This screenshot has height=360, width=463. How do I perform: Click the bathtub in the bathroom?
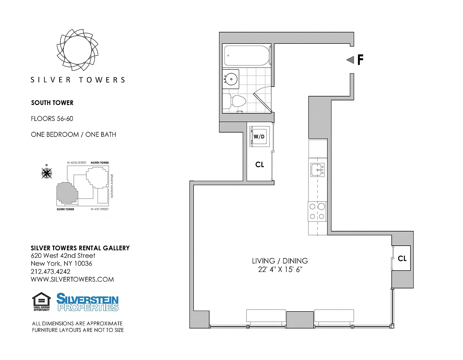pyautogui.click(x=247, y=56)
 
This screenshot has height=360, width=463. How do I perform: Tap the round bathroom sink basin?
pyautogui.click(x=231, y=79)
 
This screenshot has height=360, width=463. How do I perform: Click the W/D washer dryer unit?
pyautogui.click(x=259, y=137)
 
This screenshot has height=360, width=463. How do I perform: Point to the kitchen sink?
pyautogui.click(x=318, y=170)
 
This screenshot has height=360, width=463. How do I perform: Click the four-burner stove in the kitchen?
pyautogui.click(x=317, y=211)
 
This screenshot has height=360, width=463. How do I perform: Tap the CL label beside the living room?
pyautogui.click(x=402, y=258)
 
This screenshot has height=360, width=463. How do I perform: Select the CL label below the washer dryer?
pyautogui.click(x=259, y=165)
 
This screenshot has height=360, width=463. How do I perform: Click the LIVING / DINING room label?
pyautogui.click(x=280, y=261)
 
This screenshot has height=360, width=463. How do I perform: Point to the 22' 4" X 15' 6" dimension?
pyautogui.click(x=280, y=269)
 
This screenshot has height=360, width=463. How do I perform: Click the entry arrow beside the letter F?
pyautogui.click(x=350, y=60)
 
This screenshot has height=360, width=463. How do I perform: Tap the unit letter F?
pyautogui.click(x=360, y=60)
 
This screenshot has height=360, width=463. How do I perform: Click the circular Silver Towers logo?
pyautogui.click(x=78, y=50)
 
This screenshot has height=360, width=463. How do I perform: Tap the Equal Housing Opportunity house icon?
pyautogui.click(x=42, y=302)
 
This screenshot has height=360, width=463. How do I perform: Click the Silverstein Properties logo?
pyautogui.click(x=87, y=302)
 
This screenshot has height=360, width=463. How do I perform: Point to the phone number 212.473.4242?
pyautogui.click(x=51, y=272)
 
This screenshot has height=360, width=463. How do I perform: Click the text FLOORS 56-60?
pyautogui.click(x=52, y=118)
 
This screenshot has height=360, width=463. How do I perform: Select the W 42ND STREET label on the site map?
pyautogui.click(x=77, y=162)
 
